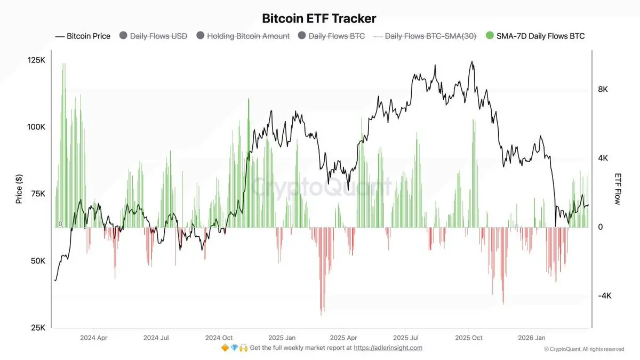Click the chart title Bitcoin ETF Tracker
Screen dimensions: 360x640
coord(319,19)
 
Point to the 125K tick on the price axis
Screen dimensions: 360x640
coord(36,60)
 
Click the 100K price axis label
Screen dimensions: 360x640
coord(36,127)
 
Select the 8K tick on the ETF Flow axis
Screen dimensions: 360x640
coord(603,90)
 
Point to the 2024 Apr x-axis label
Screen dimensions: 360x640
coord(93,338)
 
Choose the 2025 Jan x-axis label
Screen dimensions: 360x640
coord(282,338)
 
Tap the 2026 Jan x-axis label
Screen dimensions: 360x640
coord(532,338)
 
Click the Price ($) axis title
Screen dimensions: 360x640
coord(19,189)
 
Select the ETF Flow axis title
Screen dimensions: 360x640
coord(618,189)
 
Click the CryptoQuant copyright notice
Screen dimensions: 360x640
coord(584,349)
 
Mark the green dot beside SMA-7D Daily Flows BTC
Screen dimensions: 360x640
coord(490,36)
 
